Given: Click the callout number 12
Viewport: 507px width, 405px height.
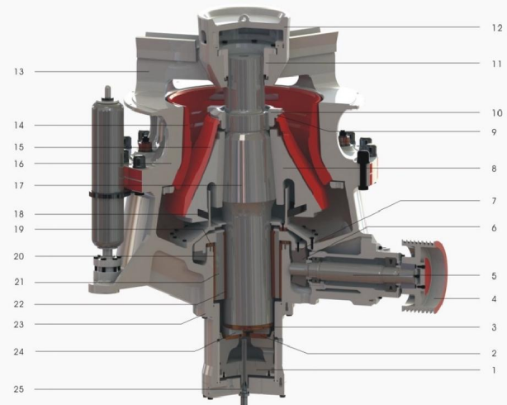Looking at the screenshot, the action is [x=497, y=27].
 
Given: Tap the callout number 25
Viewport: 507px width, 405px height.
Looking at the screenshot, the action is [x=19, y=388].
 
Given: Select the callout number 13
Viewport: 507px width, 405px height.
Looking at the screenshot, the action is [x=19, y=72].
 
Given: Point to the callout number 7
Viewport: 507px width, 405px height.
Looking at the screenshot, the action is [x=494, y=201].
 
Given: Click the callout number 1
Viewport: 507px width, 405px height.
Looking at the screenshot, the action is [x=494, y=369].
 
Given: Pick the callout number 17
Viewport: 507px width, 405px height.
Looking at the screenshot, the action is [x=19, y=185].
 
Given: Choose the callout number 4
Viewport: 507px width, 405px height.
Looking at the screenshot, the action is [x=494, y=298].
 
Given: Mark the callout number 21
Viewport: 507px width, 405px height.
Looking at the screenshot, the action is [x=19, y=282].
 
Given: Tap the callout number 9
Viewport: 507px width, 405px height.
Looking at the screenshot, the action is [x=494, y=132].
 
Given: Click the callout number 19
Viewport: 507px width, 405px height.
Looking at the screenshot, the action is [x=19, y=229].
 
